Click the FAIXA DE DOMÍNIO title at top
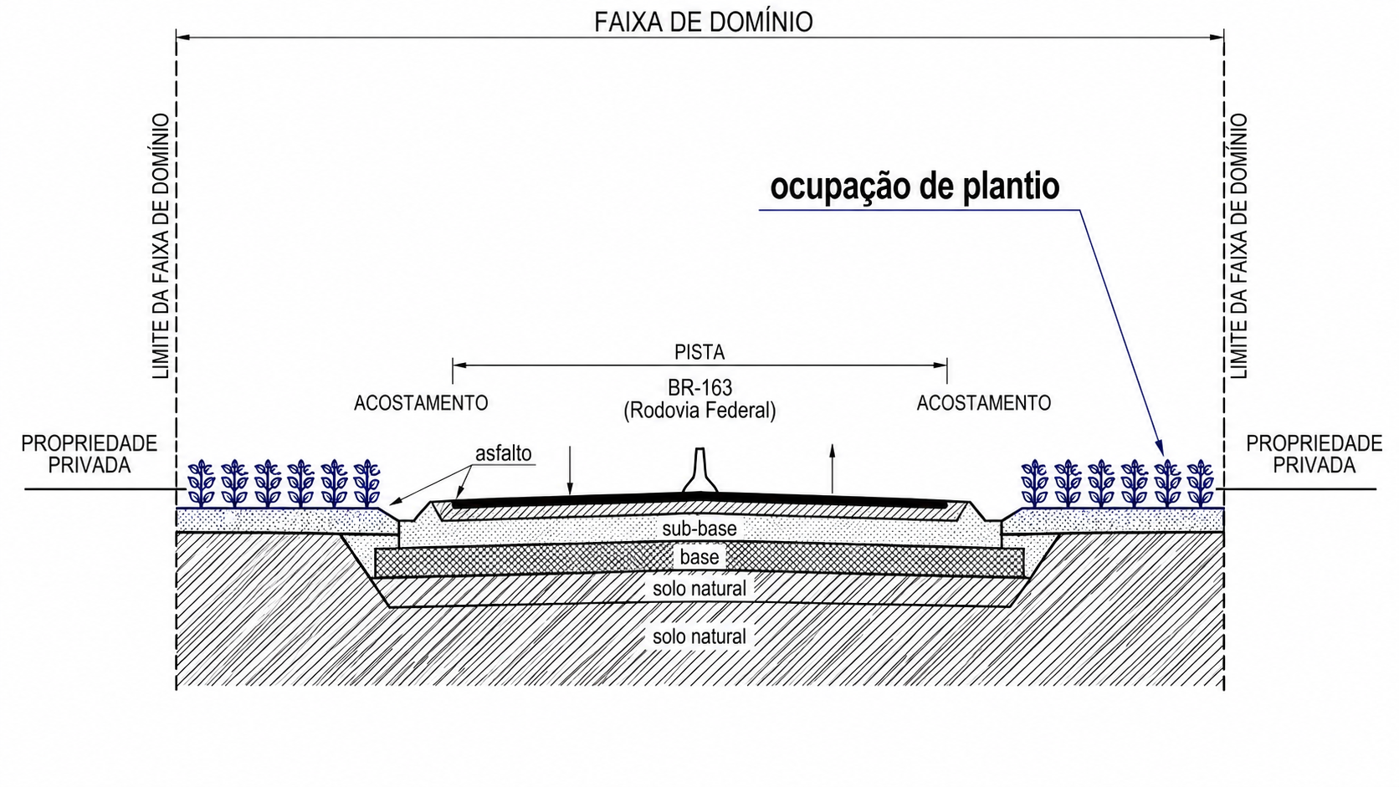point(703,23)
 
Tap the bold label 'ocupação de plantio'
point(915,187)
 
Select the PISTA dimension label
point(699,353)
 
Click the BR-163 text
point(699,388)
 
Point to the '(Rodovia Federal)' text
point(699,411)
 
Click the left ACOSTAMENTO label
point(421,403)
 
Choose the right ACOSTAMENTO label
point(984,403)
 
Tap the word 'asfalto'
point(504,453)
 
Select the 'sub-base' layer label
point(699,529)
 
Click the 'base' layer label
point(699,557)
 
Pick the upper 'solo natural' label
point(699,589)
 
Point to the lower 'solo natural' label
point(699,636)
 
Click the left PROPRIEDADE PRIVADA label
point(90,454)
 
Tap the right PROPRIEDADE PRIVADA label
point(1314,454)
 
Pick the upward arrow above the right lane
point(832,468)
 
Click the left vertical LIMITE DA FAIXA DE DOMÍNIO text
point(161,246)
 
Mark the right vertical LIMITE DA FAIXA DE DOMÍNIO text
point(1238,246)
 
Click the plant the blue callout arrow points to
point(1167,483)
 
